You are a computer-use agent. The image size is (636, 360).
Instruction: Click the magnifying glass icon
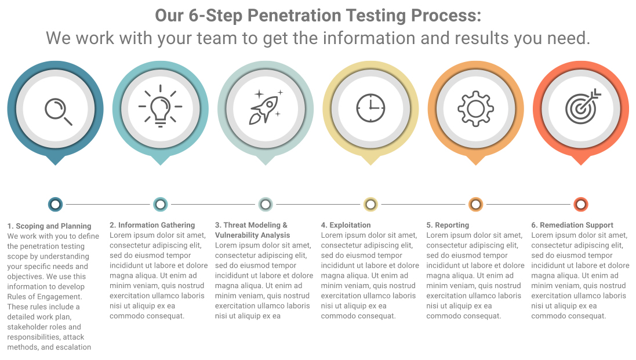[x=59, y=111]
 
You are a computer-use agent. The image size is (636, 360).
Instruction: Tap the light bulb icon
[x=160, y=106]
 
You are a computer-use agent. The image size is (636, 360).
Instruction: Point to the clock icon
[x=370, y=108]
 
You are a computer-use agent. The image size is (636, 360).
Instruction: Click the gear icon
[x=475, y=108]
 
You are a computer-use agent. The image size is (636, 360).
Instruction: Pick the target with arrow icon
[x=583, y=106]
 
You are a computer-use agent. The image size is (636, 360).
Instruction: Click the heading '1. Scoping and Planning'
[x=49, y=226]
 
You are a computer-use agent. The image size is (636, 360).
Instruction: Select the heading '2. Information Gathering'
[x=152, y=225]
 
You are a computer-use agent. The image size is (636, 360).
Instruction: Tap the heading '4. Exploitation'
[x=346, y=225]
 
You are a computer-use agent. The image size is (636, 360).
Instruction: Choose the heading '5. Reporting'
[x=448, y=225]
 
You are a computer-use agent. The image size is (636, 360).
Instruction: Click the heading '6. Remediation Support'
[x=572, y=225]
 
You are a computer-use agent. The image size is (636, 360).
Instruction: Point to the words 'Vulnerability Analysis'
[x=252, y=235]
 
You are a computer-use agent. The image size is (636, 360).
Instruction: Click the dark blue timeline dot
[x=55, y=204]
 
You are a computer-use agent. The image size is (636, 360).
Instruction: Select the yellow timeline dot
[x=370, y=204]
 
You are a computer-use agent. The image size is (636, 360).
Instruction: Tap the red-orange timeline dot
[x=581, y=204]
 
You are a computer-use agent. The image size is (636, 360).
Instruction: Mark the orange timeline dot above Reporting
[x=476, y=204]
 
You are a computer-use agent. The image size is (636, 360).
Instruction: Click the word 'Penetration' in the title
[x=293, y=16]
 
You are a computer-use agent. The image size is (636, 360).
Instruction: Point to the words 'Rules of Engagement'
[x=44, y=297]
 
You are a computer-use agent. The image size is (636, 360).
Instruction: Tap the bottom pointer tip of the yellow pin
[x=370, y=165]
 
